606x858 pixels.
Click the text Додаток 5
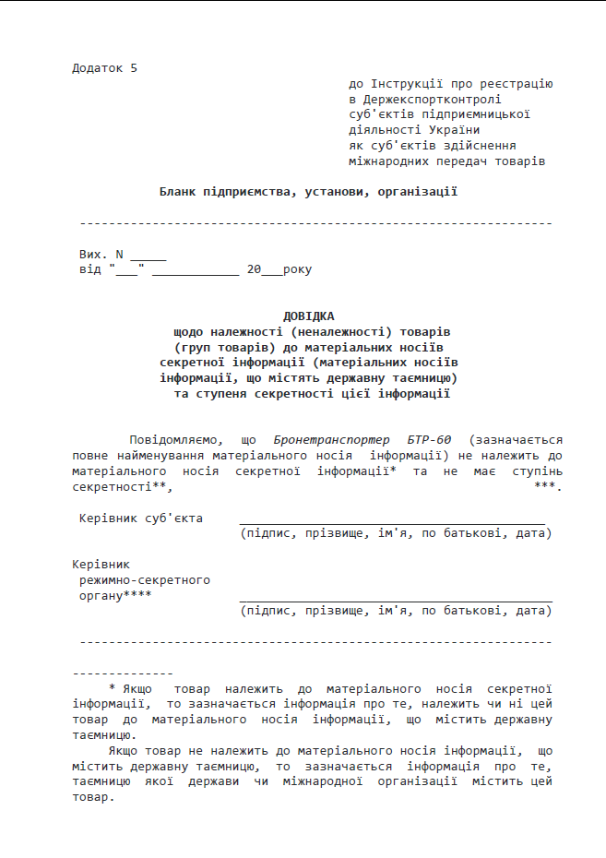pyautogui.click(x=104, y=67)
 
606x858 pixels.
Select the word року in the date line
pyautogui.click(x=297, y=270)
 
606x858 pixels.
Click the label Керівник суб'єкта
pyautogui.click(x=141, y=518)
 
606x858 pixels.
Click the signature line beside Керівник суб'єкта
pyautogui.click(x=392, y=523)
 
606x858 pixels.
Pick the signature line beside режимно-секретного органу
pyautogui.click(x=395, y=601)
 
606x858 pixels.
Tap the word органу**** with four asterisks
pyautogui.click(x=116, y=596)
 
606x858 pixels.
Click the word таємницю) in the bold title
pyautogui.click(x=422, y=378)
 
